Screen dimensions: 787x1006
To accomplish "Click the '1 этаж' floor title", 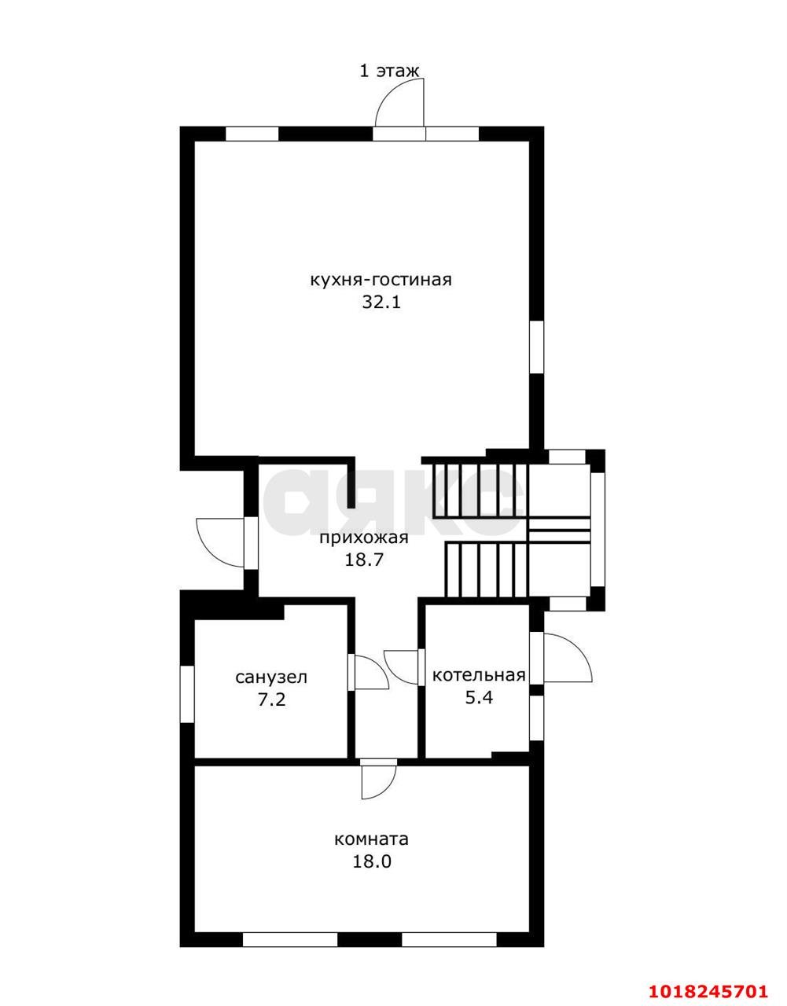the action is click(x=389, y=72).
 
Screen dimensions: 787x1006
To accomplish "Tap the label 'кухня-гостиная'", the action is click(x=381, y=281).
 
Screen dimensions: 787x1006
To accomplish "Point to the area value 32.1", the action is click(x=381, y=303).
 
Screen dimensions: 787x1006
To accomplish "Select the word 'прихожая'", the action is click(x=364, y=539).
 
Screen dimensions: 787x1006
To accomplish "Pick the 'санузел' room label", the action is click(x=272, y=678).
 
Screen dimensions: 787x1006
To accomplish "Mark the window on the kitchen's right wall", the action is click(x=536, y=347).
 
